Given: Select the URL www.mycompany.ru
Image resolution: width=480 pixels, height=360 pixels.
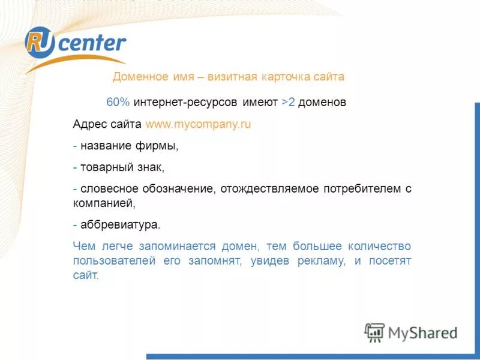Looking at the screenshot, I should [x=198, y=125].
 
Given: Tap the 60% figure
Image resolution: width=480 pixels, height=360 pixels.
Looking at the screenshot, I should [x=118, y=102].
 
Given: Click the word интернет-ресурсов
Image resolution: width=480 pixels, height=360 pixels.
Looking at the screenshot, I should [x=187, y=102].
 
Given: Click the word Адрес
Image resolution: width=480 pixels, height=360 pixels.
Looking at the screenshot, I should [x=89, y=125].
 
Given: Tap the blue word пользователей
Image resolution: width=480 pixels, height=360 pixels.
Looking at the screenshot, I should [x=113, y=261].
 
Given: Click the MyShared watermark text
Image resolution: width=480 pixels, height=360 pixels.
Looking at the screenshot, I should [x=423, y=332].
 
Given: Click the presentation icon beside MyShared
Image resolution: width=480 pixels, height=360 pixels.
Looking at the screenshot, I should [x=374, y=332].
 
